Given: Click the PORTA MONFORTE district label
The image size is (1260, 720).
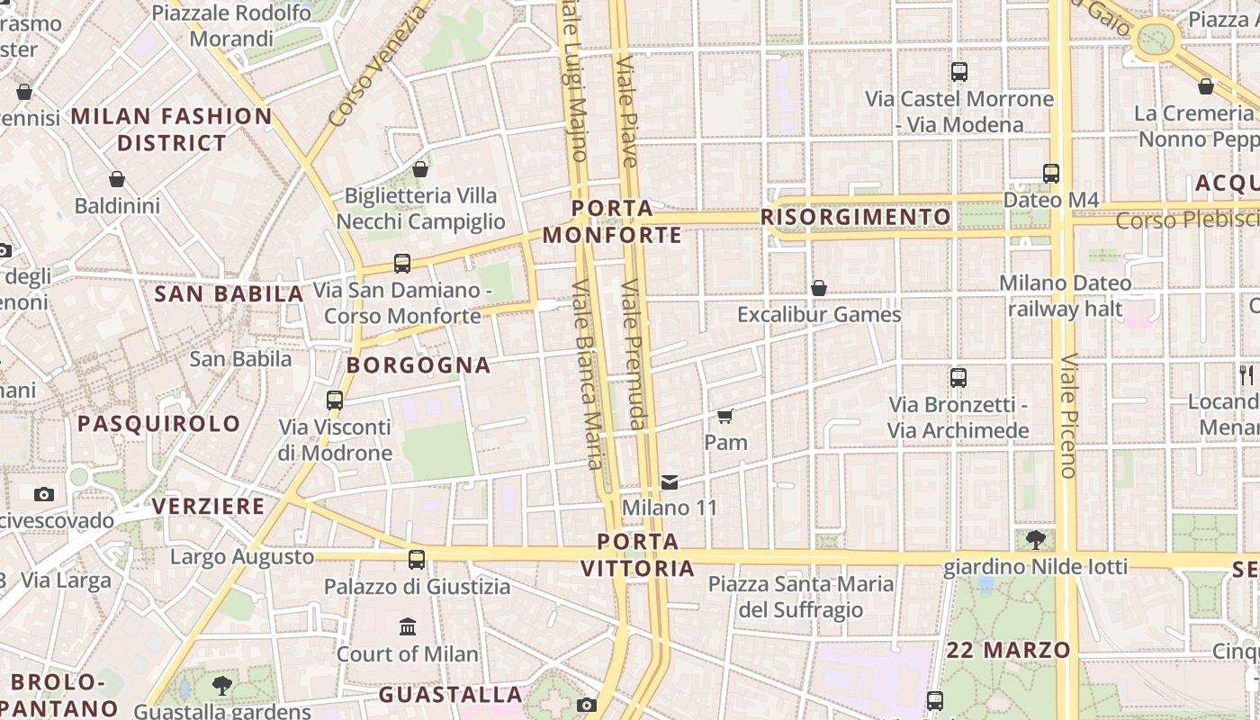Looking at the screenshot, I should (612, 222).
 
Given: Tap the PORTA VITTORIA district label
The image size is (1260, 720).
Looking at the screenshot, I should (638, 555).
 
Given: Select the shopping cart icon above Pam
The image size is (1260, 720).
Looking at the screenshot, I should (725, 416).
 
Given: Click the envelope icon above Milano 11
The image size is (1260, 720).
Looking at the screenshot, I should (670, 482).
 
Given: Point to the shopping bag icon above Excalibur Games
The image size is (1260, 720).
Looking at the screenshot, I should (819, 288).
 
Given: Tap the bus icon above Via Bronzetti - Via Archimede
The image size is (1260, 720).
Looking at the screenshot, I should (958, 378).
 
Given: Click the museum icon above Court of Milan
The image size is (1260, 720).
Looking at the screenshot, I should (408, 626).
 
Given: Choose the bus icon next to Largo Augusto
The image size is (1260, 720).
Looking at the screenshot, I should (417, 560).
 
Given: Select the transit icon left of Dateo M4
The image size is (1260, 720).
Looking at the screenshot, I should (1051, 174).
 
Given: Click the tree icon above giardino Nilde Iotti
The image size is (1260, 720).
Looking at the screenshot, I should (1035, 540).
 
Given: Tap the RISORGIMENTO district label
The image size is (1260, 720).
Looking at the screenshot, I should (855, 217).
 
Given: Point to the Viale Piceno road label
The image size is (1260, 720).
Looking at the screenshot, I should (1068, 415).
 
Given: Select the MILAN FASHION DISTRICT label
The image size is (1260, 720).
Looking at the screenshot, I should (171, 130).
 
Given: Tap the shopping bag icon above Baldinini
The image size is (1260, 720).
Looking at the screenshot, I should (117, 179).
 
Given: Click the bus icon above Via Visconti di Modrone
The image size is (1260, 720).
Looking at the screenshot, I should (335, 400).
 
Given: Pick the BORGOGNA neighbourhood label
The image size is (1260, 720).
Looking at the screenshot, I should (418, 365).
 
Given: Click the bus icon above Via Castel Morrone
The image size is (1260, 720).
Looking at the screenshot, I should (959, 72).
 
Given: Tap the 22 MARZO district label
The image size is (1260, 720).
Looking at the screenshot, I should (1008, 650).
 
